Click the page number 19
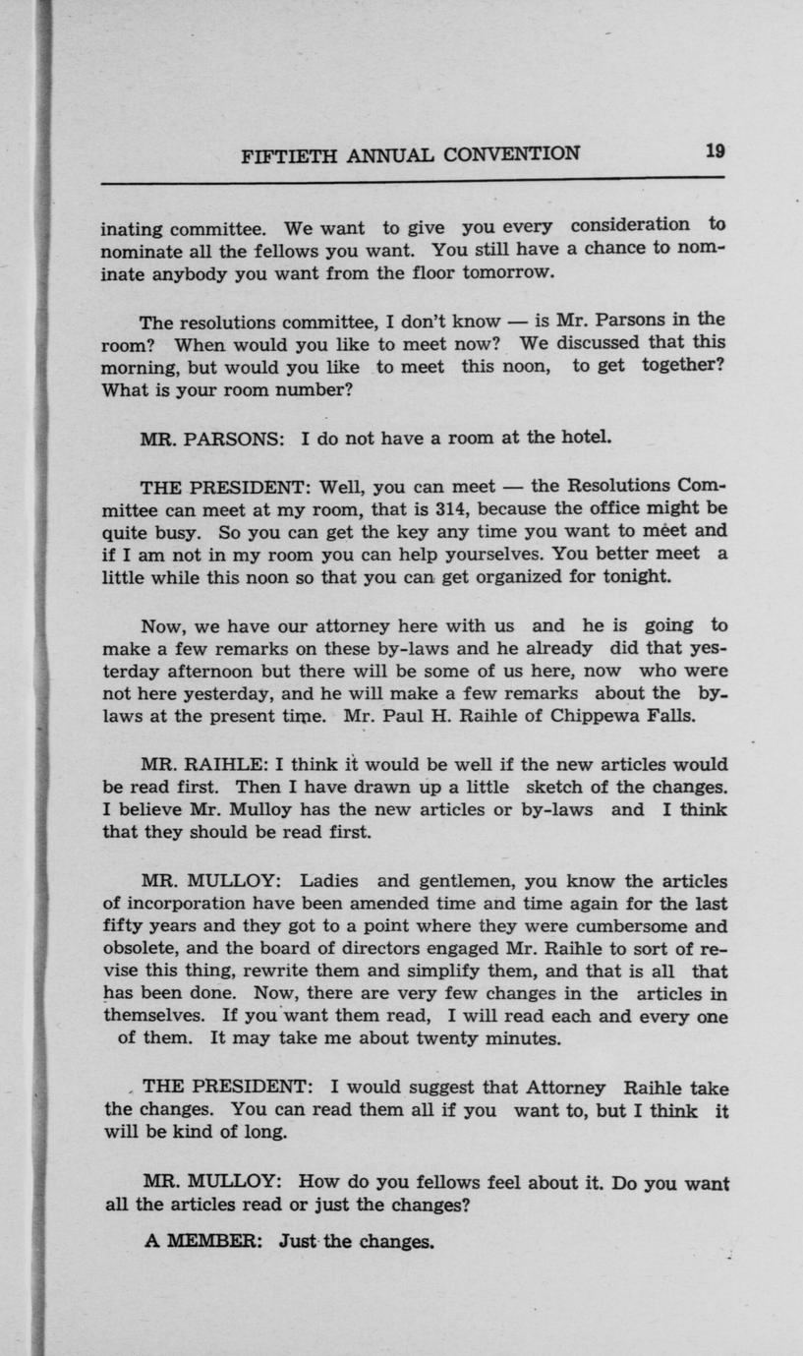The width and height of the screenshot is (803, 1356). tap(715, 150)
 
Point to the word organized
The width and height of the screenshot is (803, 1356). tap(518, 576)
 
